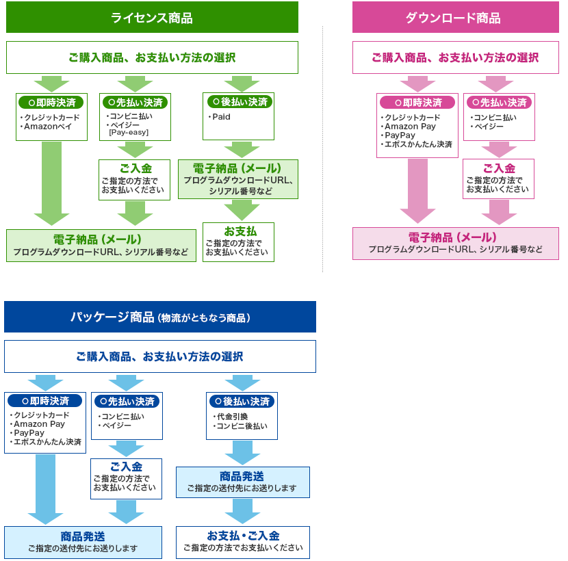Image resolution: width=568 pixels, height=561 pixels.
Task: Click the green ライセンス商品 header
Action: tap(152, 18)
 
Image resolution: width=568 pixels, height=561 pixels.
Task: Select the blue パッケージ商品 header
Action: tap(160, 317)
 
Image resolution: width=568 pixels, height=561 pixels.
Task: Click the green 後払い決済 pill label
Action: tap(239, 102)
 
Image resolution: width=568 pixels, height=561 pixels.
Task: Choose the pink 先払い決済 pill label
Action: tap(499, 103)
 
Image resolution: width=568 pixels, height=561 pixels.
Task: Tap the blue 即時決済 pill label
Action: tap(45, 401)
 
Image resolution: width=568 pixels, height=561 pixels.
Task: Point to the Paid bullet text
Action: tap(221, 117)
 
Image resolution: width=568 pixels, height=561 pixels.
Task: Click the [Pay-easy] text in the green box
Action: tap(129, 132)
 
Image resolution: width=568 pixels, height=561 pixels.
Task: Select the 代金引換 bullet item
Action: tap(231, 417)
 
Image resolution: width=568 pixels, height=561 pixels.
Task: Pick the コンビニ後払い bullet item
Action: tap(242, 426)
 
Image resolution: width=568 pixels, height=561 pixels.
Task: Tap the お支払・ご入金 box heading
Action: tap(243, 536)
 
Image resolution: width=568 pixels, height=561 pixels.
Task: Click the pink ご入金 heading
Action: tap(499, 168)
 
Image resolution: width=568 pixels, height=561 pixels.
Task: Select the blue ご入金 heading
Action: tap(126, 467)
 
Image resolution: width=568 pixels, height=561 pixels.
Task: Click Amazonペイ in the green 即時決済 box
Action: tap(48, 127)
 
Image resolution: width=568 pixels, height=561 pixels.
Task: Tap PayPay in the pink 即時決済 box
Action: tap(400, 135)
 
